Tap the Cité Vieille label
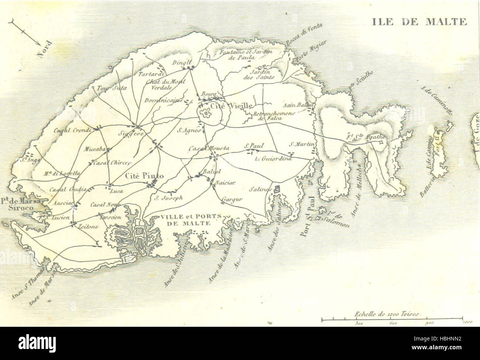(226, 106)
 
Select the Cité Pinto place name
(144, 176)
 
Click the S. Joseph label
(169, 197)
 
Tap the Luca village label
(116, 191)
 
